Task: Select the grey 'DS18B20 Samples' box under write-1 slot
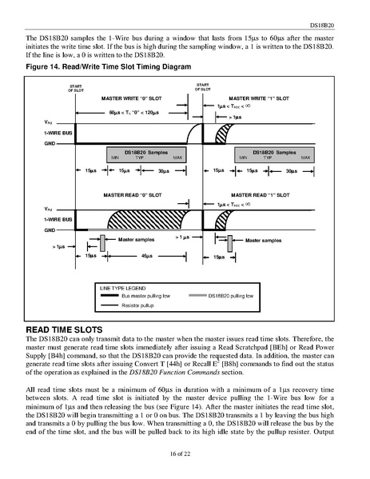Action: click(273, 154)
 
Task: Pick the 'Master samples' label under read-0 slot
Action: click(136, 238)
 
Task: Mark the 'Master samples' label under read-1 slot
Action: click(261, 240)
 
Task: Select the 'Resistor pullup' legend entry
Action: click(138, 305)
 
